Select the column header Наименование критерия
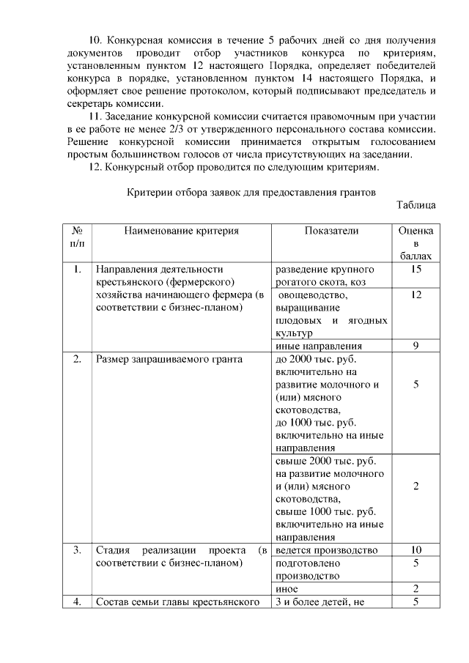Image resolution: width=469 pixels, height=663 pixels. [181, 231]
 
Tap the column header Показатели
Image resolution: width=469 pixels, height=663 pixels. [331, 231]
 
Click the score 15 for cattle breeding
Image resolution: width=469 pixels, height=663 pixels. [415, 269]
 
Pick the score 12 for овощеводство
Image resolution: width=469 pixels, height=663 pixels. [415, 295]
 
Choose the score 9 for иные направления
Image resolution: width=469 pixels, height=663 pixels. [415, 347]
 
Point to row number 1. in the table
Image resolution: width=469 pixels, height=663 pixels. [76, 269]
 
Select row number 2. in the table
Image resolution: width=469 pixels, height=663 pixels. [76, 360]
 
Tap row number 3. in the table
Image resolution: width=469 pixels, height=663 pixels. [76, 550]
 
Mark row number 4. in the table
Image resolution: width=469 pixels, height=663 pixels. [76, 602]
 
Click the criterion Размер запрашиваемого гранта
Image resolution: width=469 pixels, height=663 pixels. [169, 360]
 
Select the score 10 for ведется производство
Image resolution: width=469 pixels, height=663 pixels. [415, 550]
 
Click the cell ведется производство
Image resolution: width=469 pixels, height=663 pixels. [326, 550]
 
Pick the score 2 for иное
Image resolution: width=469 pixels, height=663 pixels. [415, 589]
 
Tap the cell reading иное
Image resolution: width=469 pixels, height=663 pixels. [287, 589]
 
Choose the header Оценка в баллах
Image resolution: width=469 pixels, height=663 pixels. [415, 243]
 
